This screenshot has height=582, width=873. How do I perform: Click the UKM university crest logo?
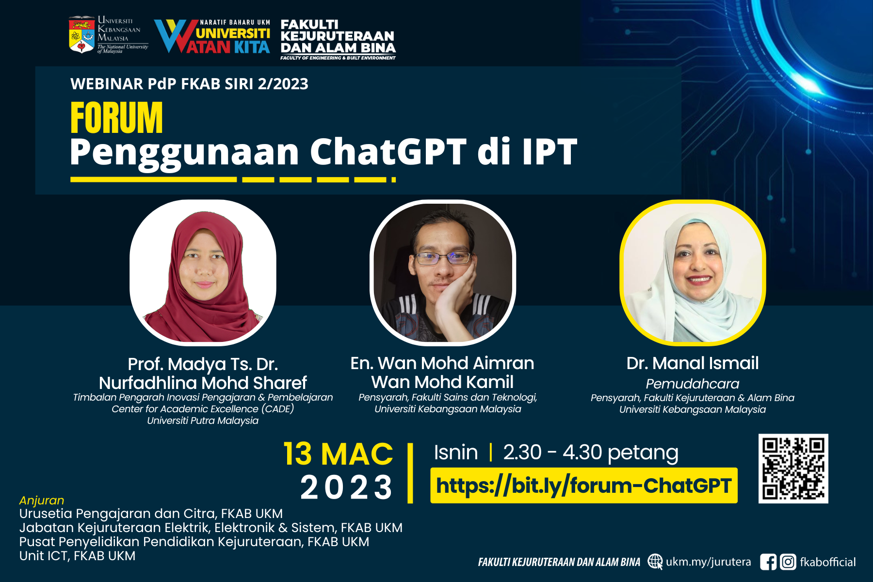[81, 34]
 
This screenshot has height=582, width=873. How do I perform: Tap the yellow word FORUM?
[116, 118]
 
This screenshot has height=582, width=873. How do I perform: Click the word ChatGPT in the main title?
[388, 152]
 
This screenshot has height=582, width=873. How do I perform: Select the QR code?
[793, 469]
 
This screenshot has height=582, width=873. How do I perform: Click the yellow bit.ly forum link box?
[583, 485]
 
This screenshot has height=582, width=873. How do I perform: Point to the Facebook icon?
[768, 562]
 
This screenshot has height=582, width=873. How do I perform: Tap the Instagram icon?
[788, 562]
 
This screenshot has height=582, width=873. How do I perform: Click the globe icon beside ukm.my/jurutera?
[655, 562]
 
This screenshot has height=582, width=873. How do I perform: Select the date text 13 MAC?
[338, 454]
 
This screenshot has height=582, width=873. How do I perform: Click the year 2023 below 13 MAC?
[346, 487]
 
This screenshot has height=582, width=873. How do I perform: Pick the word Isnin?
[456, 453]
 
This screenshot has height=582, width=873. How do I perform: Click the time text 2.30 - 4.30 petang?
[591, 453]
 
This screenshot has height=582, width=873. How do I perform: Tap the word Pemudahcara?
[693, 384]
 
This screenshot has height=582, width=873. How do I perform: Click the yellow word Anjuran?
[42, 501]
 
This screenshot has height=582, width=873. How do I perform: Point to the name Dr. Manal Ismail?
[693, 363]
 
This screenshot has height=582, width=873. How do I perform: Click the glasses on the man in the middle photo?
[442, 258]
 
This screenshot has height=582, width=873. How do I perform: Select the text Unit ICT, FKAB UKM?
[78, 556]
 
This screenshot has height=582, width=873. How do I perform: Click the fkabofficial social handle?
[828, 562]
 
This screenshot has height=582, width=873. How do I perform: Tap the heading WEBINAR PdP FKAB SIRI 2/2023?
[189, 84]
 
